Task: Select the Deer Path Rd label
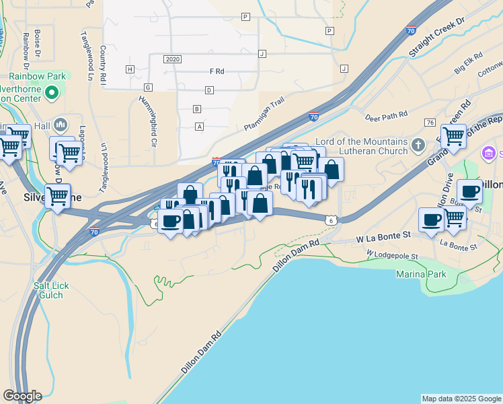tap(386, 116)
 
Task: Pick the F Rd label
tap(217, 71)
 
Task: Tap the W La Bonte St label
tap(383, 237)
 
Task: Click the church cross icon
tap(418, 145)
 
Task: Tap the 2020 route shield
tap(172, 59)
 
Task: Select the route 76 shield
tap(430, 122)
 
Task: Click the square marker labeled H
tap(130, 69)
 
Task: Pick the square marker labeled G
tap(148, 88)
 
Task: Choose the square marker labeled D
tap(209, 90)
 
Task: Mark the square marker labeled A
tap(199, 127)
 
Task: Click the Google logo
tap(22, 396)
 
